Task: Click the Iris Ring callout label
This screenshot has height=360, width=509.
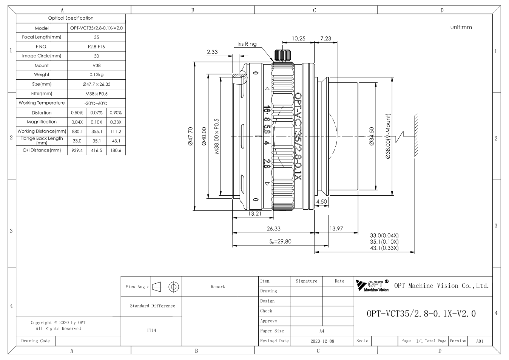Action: pos(247,44)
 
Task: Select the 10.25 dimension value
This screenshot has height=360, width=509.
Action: pos(298,39)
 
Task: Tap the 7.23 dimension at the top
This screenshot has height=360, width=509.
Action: pos(325,39)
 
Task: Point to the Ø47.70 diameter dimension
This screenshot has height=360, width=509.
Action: pos(190,136)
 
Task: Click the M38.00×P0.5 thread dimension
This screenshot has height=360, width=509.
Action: pos(217,136)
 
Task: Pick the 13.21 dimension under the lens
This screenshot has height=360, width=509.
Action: pos(254,214)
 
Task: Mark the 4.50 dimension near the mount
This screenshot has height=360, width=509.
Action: pos(322,202)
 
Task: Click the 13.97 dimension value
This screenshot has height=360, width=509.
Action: pos(336,229)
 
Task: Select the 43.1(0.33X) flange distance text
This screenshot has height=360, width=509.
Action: pos(384,248)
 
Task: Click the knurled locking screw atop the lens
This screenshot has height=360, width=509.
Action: pos(283,55)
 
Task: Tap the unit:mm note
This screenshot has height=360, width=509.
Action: pos(461,27)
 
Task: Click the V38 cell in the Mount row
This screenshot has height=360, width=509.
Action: pos(96,65)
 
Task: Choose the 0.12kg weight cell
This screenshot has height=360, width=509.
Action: pos(96,74)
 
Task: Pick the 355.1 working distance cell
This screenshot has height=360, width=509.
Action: pos(97,131)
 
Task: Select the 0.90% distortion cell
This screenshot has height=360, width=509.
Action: pos(116,113)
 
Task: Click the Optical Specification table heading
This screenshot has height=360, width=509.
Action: pos(71,18)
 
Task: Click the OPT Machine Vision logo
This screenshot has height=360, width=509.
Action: pos(372,286)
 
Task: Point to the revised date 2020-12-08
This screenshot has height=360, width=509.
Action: pos(322,341)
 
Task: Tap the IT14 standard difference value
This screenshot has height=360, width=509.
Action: pos(151,331)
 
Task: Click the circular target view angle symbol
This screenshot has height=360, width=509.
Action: pos(174,287)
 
